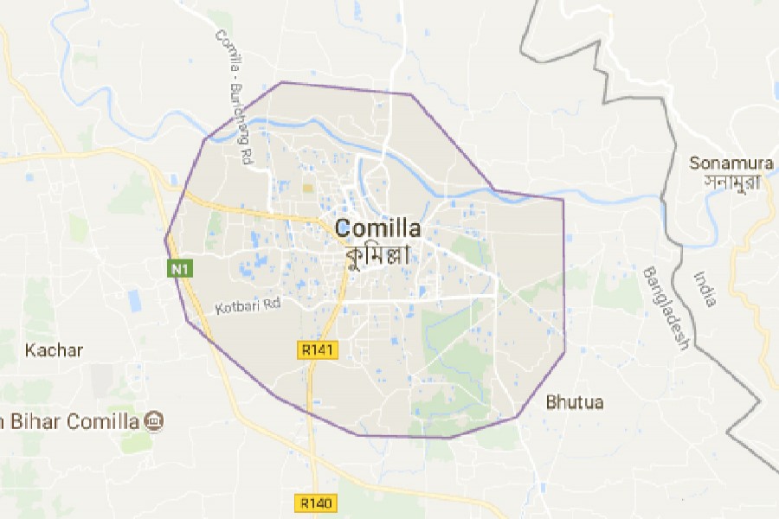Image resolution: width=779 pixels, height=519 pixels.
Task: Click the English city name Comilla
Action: tap(377, 229)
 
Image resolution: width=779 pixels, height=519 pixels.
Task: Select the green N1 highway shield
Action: tap(179, 270)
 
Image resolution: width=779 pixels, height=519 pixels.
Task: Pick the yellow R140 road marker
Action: tap(316, 503)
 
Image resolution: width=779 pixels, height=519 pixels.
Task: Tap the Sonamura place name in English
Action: tap(731, 163)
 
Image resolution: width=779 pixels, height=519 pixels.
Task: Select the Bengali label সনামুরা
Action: tap(731, 183)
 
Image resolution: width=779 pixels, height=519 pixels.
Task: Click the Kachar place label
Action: tap(54, 350)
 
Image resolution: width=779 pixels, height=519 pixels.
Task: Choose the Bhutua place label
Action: tap(575, 402)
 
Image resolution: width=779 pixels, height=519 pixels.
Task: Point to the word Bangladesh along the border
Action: tap(665, 308)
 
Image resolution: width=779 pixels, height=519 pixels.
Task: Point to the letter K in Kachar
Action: tap(30, 350)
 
